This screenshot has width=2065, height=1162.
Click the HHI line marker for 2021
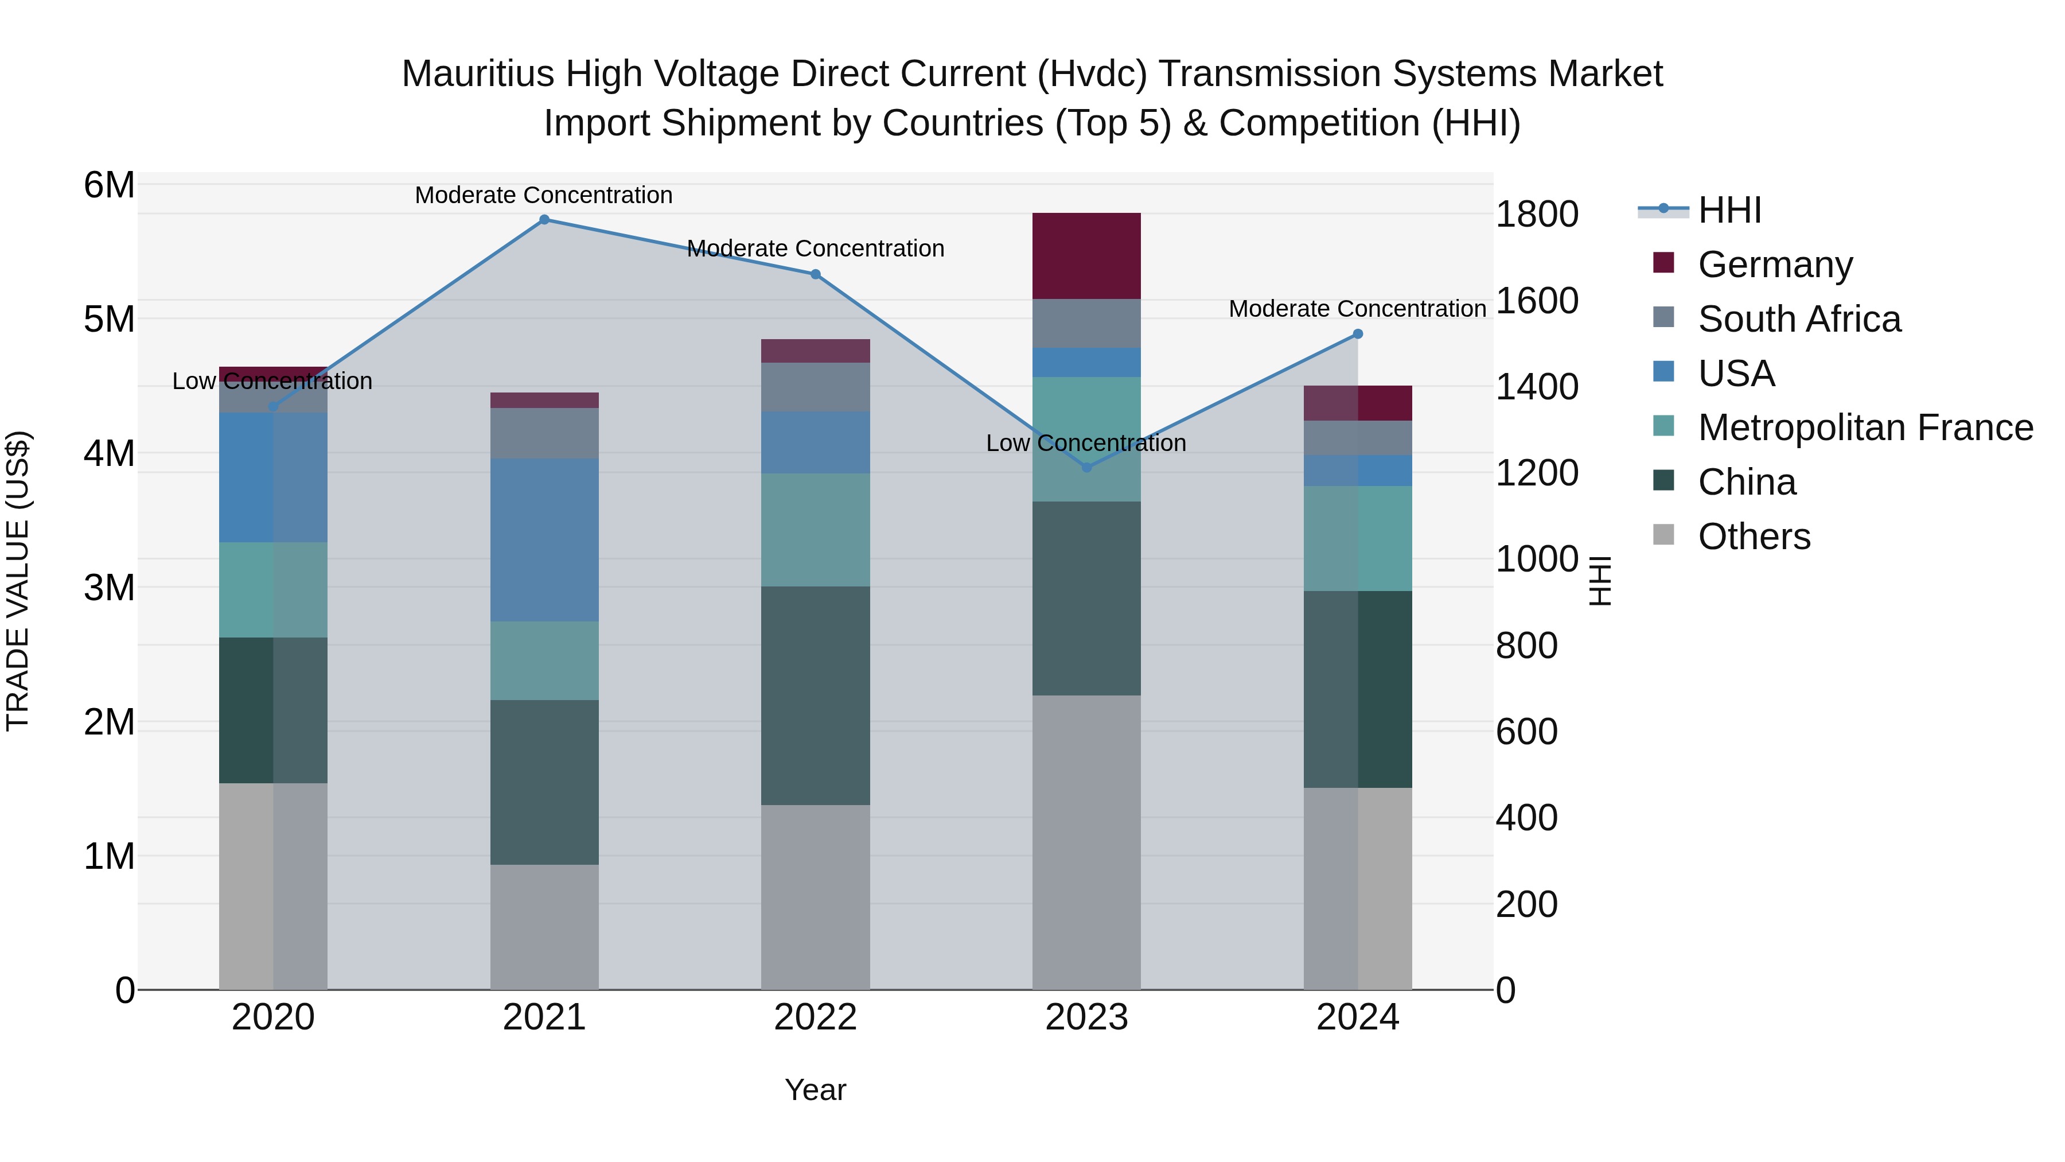pos(544,220)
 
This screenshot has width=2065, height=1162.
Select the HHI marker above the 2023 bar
pos(1087,468)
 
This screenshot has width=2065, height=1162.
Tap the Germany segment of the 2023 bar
pos(1086,256)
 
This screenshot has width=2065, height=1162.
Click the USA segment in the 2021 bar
pos(544,540)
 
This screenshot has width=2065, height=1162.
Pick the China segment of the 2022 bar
pos(815,695)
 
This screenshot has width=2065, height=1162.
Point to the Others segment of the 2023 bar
pos(1086,842)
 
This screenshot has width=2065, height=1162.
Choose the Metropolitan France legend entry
pos(1865,428)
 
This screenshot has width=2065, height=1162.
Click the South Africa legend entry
pos(1799,319)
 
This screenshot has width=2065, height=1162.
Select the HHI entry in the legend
pos(1729,210)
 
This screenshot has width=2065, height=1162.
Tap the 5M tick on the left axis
pos(109,319)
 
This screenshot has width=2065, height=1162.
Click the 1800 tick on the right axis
pos(1537,215)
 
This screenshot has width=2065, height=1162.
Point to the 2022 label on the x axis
pos(815,1017)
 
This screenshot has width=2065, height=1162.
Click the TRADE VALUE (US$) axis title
pos(18,581)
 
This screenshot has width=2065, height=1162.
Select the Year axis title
pos(815,1090)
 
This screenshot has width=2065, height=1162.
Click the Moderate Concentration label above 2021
pos(544,195)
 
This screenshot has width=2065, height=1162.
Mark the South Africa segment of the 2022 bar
pos(815,387)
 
